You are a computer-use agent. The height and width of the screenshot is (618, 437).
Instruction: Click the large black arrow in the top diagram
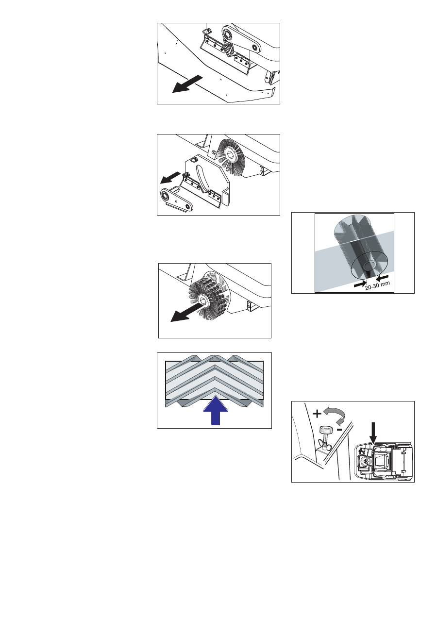coord(187,84)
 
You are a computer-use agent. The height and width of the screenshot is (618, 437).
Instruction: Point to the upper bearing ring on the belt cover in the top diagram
coord(228,34)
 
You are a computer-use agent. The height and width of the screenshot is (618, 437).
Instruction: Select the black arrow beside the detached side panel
coord(170,178)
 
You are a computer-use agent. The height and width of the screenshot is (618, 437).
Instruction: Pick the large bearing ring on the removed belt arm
coord(167,196)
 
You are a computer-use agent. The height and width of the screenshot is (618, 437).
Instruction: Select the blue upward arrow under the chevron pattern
coord(216,411)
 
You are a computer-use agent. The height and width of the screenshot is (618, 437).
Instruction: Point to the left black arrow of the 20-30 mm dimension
coord(360,284)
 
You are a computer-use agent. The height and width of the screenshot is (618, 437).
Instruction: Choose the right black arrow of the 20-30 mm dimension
coord(382,277)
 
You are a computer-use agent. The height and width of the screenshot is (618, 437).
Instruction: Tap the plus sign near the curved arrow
coord(317,414)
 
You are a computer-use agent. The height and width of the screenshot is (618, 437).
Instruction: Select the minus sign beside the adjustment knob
coord(339,430)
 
